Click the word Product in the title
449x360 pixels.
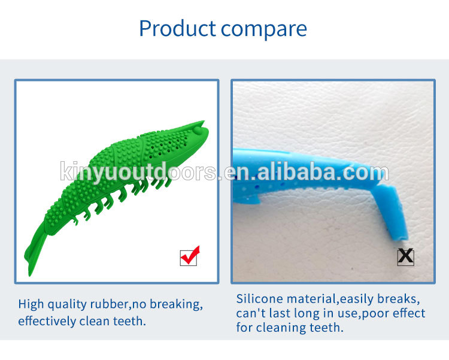click(177, 28)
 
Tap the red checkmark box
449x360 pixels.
click(189, 257)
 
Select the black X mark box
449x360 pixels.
click(405, 257)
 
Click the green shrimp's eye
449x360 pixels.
click(198, 130)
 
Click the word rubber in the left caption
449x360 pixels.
click(109, 304)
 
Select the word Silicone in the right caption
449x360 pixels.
click(259, 299)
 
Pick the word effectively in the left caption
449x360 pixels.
click(47, 321)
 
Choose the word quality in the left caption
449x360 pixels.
click(66, 305)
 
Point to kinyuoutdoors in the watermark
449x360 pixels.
click(138, 172)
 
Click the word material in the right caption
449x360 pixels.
click(311, 299)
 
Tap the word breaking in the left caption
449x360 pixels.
click(176, 305)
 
